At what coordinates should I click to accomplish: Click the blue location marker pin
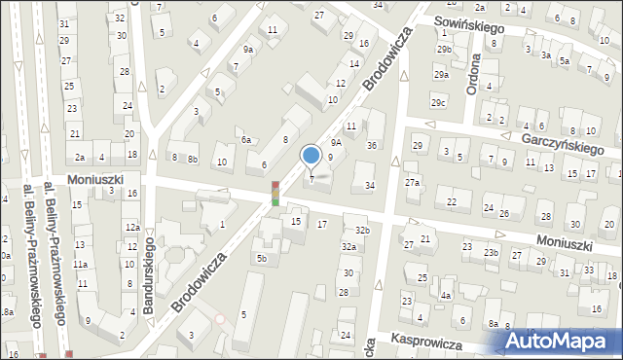[311, 156]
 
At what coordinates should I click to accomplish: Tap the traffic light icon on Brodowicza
[275, 193]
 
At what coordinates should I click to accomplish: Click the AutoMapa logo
[559, 341]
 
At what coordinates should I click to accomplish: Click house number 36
[371, 145]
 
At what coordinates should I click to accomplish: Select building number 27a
[413, 182]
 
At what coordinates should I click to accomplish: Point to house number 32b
[362, 230]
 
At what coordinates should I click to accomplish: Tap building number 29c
[439, 103]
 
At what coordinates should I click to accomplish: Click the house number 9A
[336, 142]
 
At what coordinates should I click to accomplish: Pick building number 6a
[247, 140]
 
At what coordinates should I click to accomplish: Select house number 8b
[193, 159]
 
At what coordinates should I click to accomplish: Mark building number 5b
[261, 257]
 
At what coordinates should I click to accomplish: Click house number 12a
[130, 227]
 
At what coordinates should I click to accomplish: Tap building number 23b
[492, 253]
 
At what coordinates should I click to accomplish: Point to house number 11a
[83, 264]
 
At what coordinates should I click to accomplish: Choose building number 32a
[348, 247]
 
